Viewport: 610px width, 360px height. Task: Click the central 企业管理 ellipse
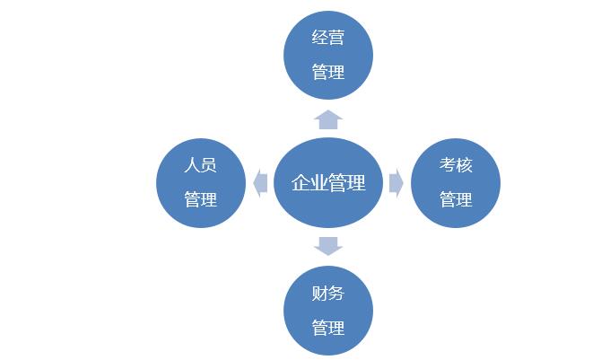tap(328, 183)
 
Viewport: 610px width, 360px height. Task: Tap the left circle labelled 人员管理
tap(200, 183)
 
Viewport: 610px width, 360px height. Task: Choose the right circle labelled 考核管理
tap(456, 183)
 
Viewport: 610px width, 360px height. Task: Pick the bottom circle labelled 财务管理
tap(327, 310)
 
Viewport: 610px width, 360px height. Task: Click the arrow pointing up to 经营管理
tap(328, 119)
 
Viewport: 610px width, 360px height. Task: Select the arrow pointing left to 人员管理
tap(260, 183)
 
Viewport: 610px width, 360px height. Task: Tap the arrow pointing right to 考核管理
tap(396, 183)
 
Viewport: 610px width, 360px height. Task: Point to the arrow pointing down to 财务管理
tap(328, 245)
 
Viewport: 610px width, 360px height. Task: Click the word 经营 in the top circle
tap(327, 38)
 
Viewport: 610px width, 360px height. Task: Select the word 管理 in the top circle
tap(327, 72)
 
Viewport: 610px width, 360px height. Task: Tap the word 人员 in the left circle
tap(200, 165)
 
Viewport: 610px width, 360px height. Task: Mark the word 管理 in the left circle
tap(200, 199)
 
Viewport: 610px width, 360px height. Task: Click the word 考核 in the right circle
tap(456, 165)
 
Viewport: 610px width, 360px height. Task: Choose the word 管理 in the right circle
tap(456, 199)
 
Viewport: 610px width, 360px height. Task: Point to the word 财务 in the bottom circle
tap(327, 293)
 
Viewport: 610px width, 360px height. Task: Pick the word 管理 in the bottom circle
tap(327, 328)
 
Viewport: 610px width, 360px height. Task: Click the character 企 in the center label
tap(301, 183)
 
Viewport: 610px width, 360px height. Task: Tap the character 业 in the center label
tap(319, 183)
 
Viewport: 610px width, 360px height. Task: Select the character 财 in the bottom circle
tap(319, 293)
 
